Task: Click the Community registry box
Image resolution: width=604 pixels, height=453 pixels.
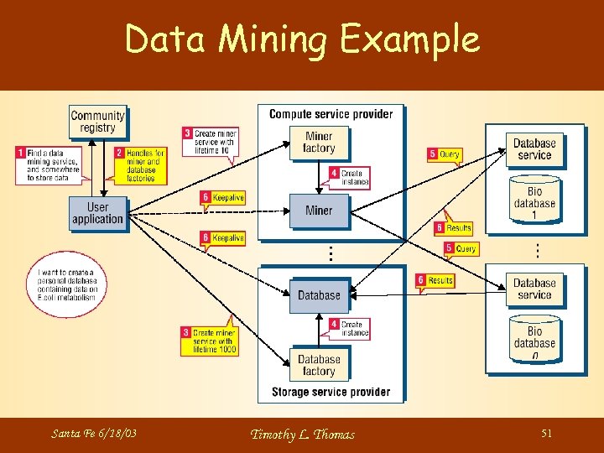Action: tap(97, 122)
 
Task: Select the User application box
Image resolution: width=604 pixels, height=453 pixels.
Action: tap(97, 213)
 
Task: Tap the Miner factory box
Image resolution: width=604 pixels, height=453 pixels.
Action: tap(319, 143)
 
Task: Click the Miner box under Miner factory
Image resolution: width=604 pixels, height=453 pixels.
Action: tap(319, 211)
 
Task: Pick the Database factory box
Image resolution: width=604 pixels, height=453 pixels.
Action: tap(319, 365)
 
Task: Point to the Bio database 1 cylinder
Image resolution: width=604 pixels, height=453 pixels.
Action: tap(534, 198)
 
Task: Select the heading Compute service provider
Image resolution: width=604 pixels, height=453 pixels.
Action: tap(331, 114)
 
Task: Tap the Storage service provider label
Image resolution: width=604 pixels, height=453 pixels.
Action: tap(331, 392)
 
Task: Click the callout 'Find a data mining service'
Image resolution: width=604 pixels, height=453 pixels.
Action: tap(50, 165)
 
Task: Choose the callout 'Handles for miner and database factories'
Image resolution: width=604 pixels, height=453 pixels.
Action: tap(140, 165)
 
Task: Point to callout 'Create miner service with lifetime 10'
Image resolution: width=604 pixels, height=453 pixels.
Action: tap(211, 140)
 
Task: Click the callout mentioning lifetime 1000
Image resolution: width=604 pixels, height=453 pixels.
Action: tap(210, 341)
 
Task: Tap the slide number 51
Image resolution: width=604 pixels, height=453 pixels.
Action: tap(546, 433)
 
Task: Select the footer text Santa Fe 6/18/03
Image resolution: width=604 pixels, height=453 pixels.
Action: tap(94, 434)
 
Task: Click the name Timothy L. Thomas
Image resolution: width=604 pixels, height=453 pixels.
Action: tap(302, 434)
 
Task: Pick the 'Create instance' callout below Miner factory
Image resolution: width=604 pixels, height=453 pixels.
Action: tap(350, 177)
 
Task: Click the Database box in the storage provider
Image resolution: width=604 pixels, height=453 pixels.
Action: tap(319, 295)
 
